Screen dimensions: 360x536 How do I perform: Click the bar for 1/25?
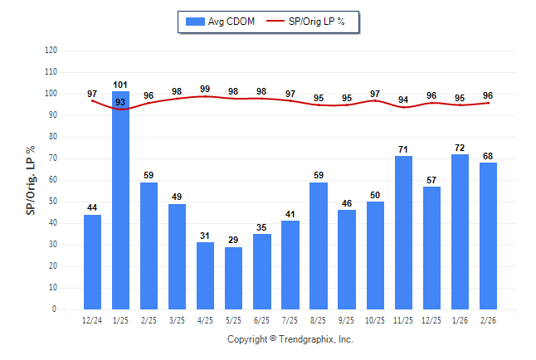click(121, 200)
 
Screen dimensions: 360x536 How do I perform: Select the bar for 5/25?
click(234, 278)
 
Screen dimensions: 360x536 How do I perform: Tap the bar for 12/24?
click(93, 262)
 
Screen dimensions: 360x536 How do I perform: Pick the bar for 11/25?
click(403, 232)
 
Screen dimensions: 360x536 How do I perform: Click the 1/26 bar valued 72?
click(460, 231)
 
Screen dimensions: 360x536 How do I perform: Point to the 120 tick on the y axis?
click(51, 51)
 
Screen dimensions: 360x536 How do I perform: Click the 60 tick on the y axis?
click(54, 180)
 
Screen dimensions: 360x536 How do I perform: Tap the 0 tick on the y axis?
click(56, 309)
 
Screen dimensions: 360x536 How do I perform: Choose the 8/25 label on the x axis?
click(319, 319)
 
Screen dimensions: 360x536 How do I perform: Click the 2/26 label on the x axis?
click(488, 319)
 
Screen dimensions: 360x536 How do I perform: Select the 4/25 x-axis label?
click(206, 319)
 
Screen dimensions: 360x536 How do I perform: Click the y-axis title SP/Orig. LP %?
click(31, 180)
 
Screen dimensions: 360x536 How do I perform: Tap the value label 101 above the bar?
click(121, 85)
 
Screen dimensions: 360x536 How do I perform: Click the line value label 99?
click(206, 89)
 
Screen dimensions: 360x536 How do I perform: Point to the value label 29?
click(234, 240)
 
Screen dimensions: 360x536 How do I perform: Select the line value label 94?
click(403, 100)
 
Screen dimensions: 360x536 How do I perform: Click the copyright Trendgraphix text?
click(290, 339)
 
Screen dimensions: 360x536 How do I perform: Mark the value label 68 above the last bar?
click(488, 156)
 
